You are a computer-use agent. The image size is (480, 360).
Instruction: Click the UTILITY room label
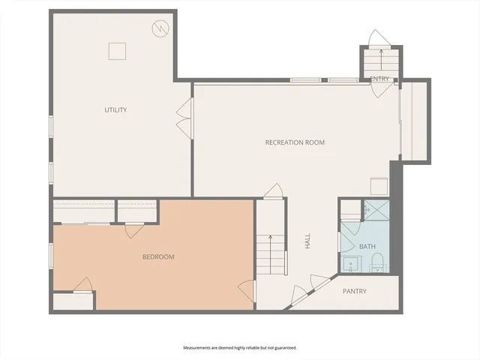(x=115, y=110)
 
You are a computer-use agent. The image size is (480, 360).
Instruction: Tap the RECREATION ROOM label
(x=295, y=142)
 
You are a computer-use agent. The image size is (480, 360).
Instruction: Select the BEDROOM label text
(x=158, y=257)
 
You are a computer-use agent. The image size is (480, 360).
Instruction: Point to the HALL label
(x=307, y=241)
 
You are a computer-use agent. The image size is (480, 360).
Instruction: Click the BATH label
(x=367, y=247)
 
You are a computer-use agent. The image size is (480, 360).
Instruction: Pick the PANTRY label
(x=355, y=291)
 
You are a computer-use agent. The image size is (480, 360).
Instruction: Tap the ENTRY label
(x=379, y=78)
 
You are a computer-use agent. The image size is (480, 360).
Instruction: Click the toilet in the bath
(x=377, y=262)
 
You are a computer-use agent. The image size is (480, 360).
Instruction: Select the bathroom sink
(x=350, y=263)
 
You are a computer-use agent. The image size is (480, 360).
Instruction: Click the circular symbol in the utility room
(x=160, y=29)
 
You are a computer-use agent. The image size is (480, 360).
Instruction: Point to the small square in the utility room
(x=116, y=50)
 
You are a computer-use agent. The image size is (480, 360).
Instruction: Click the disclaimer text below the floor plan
(x=240, y=348)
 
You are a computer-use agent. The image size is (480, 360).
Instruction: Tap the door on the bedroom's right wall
(x=246, y=289)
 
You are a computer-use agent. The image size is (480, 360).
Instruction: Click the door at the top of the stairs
(x=274, y=192)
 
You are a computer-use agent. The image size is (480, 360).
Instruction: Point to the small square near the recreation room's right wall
(x=379, y=185)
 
